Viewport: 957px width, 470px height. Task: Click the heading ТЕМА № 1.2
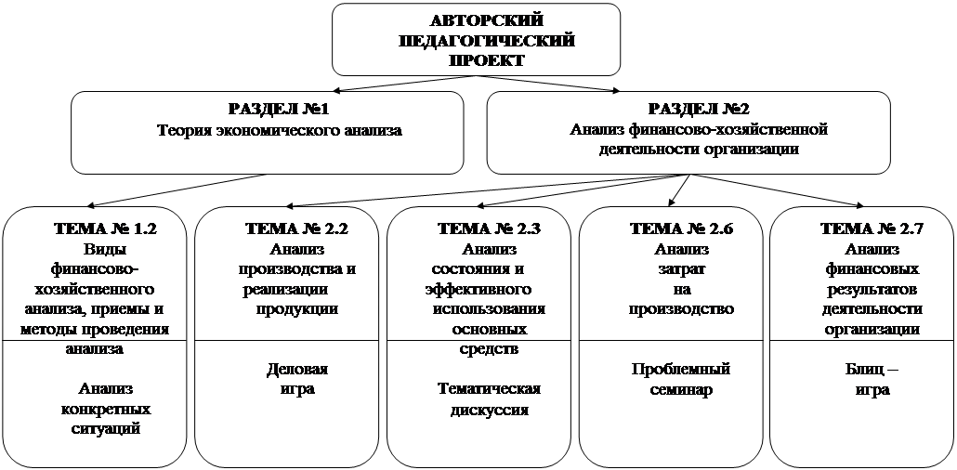106,228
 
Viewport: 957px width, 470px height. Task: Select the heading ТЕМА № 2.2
297,228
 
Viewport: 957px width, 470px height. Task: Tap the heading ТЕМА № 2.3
490,228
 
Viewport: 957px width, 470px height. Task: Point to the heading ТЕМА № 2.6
681,228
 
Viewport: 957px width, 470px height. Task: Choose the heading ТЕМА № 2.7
872,228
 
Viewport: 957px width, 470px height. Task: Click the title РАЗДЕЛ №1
279,110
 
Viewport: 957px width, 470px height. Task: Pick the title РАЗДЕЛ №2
699,110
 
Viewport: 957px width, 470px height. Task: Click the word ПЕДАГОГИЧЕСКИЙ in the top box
487,41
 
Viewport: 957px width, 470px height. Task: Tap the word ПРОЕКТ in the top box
487,61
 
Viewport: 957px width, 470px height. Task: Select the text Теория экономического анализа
280,130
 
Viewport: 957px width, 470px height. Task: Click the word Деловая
297,370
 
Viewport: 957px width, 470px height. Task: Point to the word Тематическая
490,389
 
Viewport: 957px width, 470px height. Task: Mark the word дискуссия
490,409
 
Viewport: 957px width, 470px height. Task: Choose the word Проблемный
681,370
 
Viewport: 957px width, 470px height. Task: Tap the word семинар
681,389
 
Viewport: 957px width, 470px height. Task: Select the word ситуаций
106,428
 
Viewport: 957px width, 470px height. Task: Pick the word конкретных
106,409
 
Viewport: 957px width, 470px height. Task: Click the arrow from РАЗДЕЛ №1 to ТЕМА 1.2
177,189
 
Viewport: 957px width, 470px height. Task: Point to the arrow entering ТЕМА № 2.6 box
678,189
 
